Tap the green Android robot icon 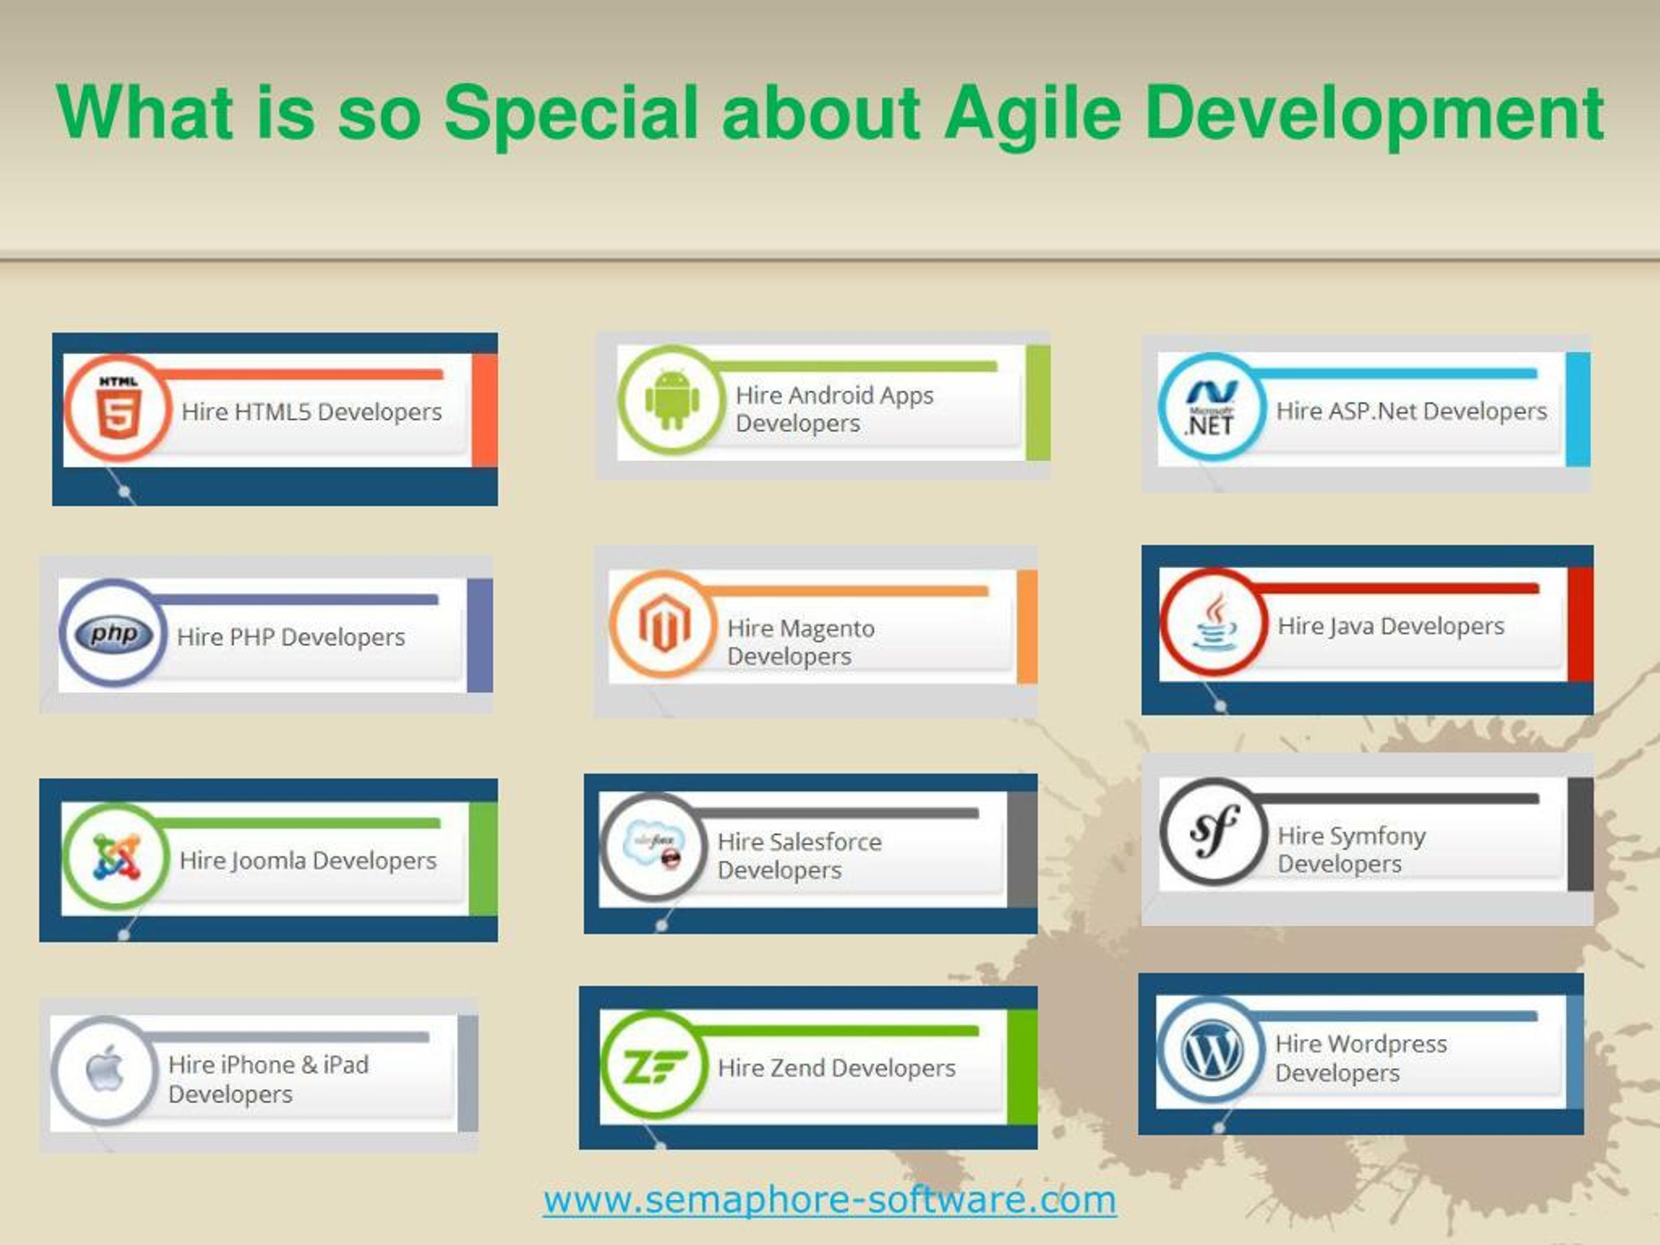click(x=672, y=400)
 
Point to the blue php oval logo click(x=114, y=635)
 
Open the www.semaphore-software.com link click(x=830, y=1198)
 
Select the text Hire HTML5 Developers click(x=311, y=411)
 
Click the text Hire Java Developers click(x=1391, y=626)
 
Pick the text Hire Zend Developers click(x=836, y=1068)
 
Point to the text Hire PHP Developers click(x=290, y=637)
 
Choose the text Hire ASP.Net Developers click(x=1412, y=411)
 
